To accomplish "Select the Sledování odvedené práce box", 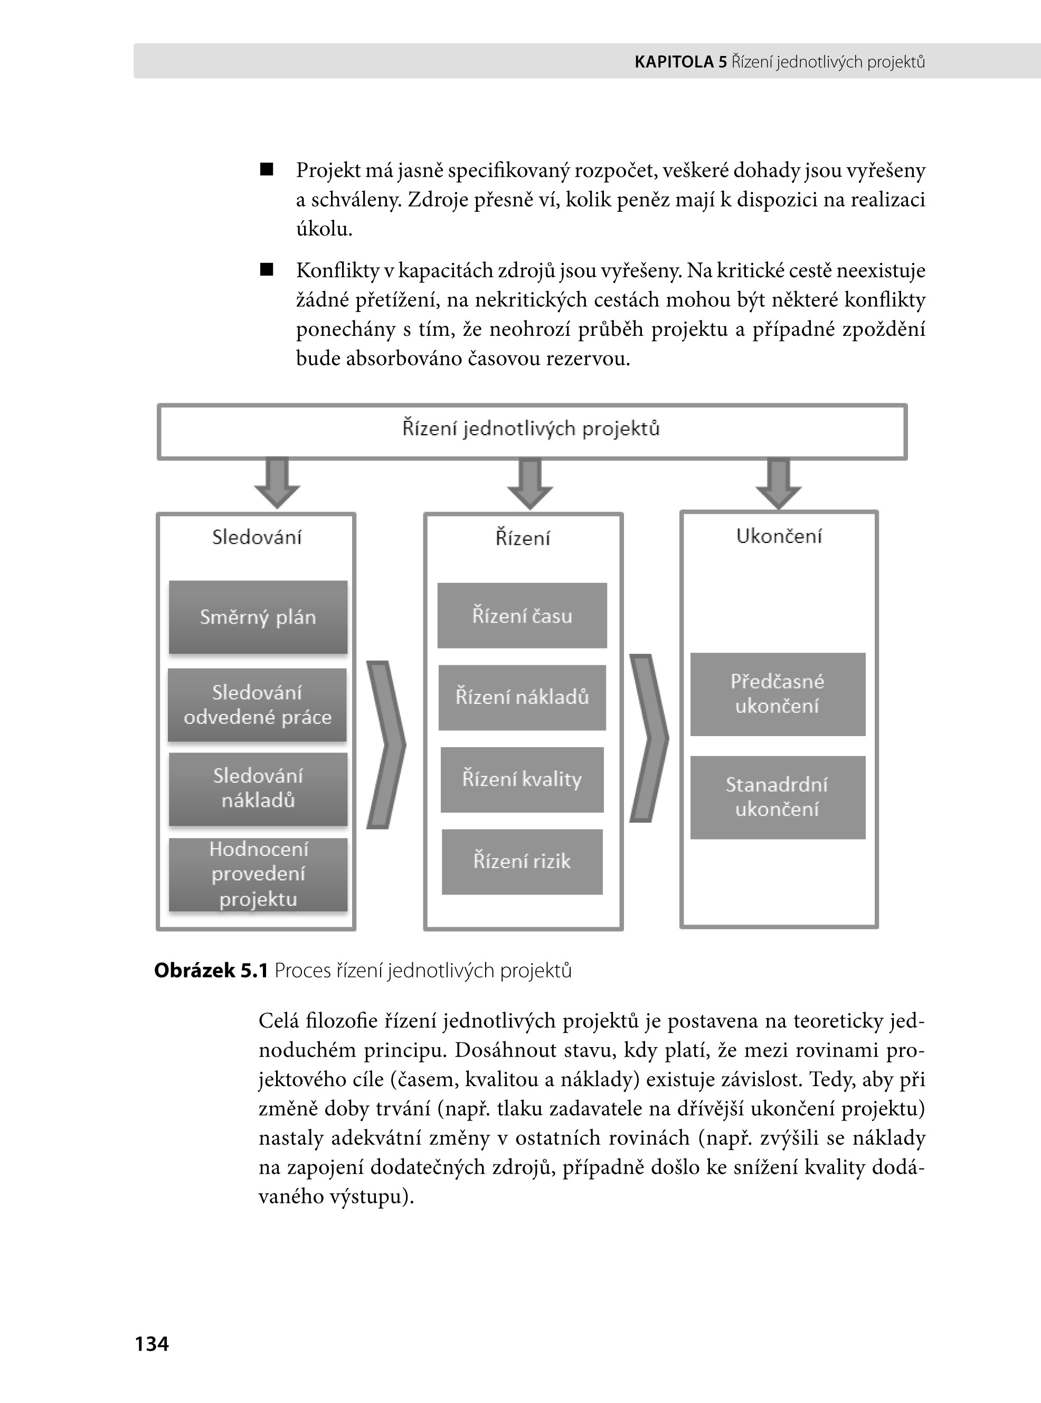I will tap(257, 704).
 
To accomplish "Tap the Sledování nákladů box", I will tap(258, 788).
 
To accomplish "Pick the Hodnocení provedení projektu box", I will tap(258, 874).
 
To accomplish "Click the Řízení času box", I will tap(522, 615).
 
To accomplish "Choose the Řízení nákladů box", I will tap(522, 697).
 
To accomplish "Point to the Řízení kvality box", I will tap(522, 779).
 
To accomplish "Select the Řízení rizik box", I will tap(522, 862).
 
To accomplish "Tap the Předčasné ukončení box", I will tap(777, 694).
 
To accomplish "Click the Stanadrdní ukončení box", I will tap(777, 797).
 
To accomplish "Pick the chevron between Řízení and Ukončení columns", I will tap(648, 738).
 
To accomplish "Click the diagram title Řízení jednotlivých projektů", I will tap(531, 429).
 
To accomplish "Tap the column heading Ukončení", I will tap(779, 536).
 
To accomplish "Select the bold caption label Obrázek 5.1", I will tap(211, 971).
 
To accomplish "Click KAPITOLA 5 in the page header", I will tap(680, 62).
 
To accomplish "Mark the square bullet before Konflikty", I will tap(267, 270).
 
